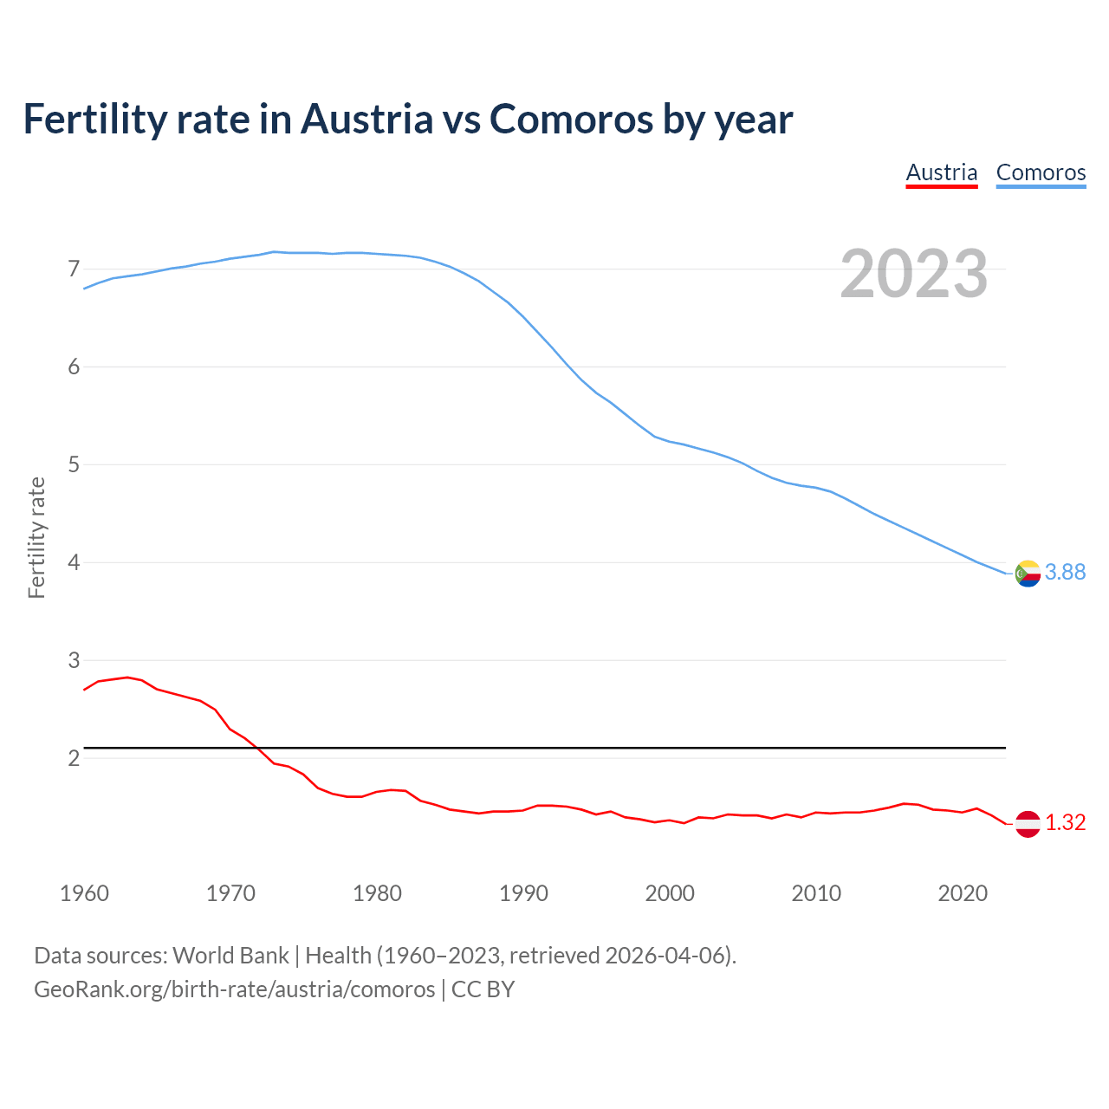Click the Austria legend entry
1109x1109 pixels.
click(942, 172)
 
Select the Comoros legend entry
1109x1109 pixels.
click(1041, 172)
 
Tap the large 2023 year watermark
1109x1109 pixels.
click(914, 274)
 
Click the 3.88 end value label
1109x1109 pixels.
click(1065, 572)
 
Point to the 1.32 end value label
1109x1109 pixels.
click(1065, 822)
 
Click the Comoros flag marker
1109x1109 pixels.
click(1028, 573)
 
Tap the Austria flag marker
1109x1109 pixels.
click(1028, 823)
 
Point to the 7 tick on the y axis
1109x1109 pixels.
click(74, 269)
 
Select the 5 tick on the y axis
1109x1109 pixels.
click(74, 464)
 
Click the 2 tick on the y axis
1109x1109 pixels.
click(74, 758)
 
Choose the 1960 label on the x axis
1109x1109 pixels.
click(84, 893)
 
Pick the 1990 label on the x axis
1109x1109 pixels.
click(523, 893)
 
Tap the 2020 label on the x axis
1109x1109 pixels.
click(963, 893)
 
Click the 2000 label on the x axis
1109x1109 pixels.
click(670, 893)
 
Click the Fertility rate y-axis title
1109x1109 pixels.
click(36, 537)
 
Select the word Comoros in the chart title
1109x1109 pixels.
click(572, 119)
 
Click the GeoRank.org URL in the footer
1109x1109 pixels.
click(234, 989)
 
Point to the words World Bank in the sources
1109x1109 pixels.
click(230, 956)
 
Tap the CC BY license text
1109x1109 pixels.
click(483, 989)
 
